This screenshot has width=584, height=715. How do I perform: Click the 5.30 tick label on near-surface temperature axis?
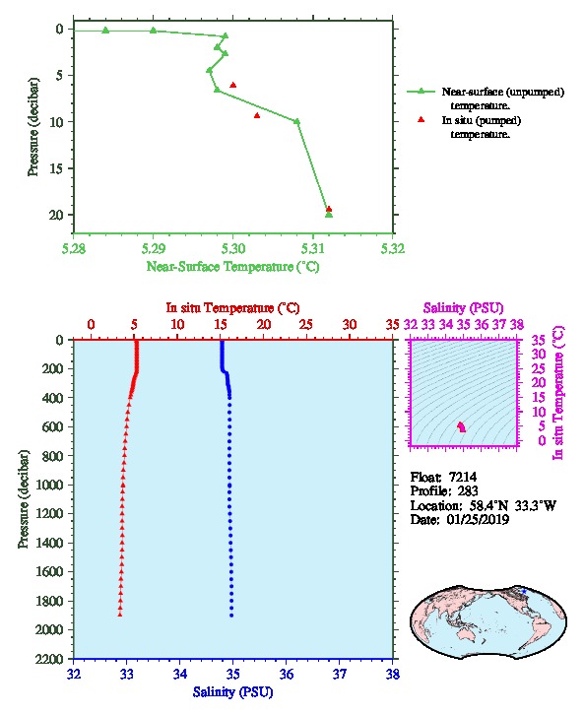tap(233, 249)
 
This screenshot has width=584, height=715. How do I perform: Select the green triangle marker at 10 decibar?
tap(296, 121)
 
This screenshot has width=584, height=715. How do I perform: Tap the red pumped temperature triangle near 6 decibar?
tap(233, 85)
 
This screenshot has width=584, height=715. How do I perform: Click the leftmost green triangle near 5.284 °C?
tap(105, 31)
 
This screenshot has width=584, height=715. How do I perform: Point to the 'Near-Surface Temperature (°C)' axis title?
tap(232, 267)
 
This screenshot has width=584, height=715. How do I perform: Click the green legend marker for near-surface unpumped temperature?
tap(421, 92)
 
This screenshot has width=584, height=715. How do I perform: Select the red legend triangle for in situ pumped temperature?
tap(421, 119)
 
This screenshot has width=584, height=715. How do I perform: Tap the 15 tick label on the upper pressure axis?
tap(55, 168)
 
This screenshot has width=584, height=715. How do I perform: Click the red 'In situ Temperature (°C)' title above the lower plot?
tap(232, 308)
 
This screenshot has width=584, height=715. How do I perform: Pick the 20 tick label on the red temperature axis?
tap(264, 325)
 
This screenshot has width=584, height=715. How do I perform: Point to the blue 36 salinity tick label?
tap(287, 674)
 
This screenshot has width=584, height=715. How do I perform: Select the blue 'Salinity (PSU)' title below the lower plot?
tap(232, 692)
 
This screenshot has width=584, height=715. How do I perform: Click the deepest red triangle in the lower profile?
tap(120, 615)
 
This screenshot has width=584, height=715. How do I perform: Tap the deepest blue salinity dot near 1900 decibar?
tap(231, 616)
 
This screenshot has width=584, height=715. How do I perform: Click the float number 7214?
tap(463, 477)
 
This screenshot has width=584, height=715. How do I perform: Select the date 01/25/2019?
tap(478, 520)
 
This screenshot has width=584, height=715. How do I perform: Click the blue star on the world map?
tap(524, 591)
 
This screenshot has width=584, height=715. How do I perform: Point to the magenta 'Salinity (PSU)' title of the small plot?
tap(463, 308)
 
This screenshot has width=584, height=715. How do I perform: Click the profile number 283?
tap(468, 491)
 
